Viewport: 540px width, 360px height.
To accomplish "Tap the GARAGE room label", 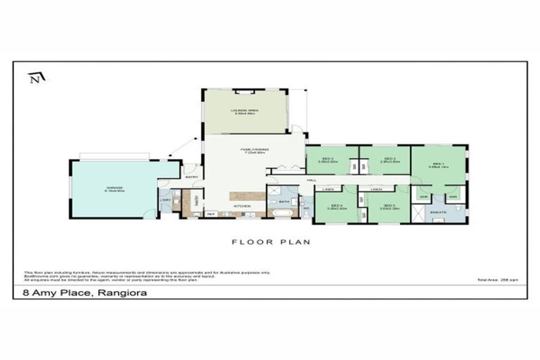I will (x=115, y=188).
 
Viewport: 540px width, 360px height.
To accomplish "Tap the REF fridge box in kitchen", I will (x=210, y=214).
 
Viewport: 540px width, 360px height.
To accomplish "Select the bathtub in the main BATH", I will (x=283, y=211).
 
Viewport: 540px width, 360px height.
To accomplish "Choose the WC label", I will (x=307, y=209).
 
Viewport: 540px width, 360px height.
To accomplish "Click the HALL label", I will (x=311, y=180).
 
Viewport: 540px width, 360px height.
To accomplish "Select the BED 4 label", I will (x=336, y=206).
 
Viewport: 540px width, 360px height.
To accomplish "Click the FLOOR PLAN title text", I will (x=271, y=242).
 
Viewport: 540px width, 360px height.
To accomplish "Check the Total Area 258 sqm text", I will (x=501, y=280).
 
